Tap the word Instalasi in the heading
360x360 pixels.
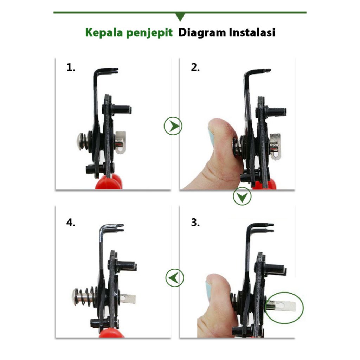[x=252, y=33]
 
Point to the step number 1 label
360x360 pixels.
[x=71, y=67]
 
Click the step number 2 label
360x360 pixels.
[x=195, y=67]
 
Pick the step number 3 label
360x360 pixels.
[x=195, y=223]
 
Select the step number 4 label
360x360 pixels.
[x=71, y=223]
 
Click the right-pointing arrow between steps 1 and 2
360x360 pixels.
[x=173, y=126]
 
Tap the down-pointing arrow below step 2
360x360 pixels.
[x=242, y=196]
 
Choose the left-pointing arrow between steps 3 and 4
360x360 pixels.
[x=175, y=278]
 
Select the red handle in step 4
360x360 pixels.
[x=111, y=333]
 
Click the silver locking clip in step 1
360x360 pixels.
[x=120, y=143]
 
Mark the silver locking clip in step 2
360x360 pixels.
[x=275, y=147]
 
